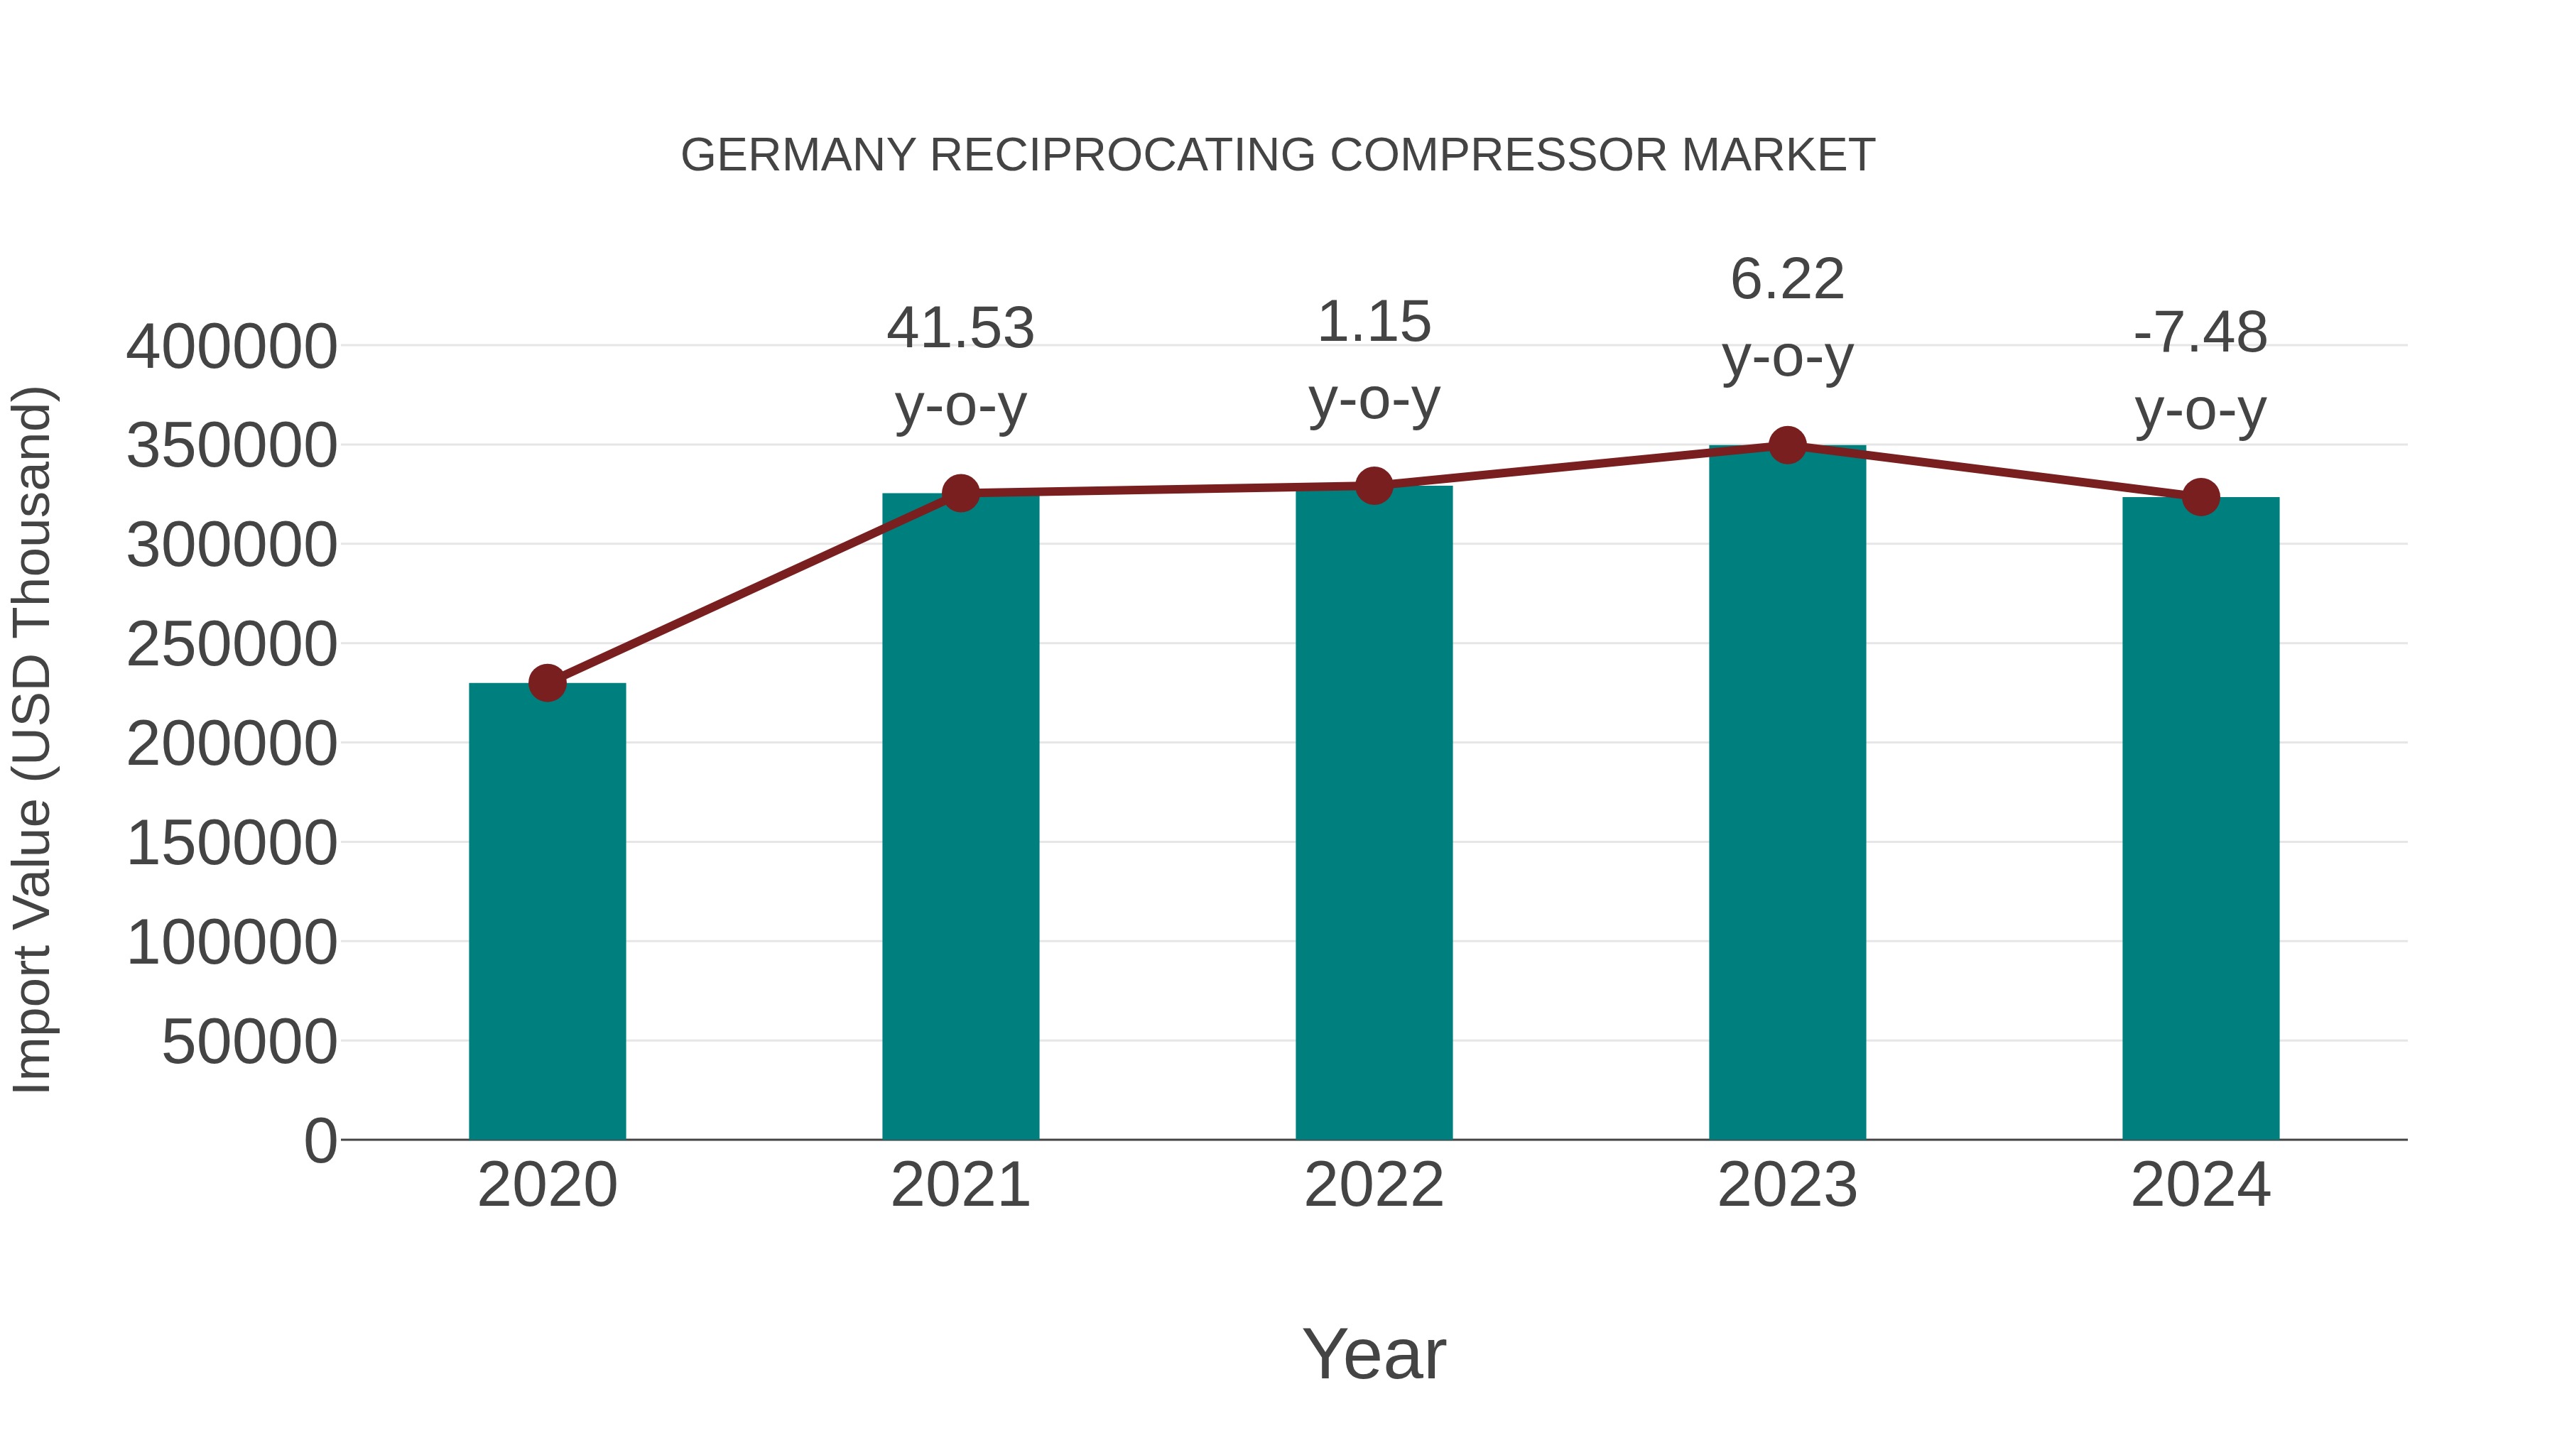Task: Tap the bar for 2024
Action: (2200, 818)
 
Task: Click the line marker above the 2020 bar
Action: (547, 682)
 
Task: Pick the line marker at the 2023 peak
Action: (1787, 445)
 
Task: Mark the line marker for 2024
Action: (2200, 497)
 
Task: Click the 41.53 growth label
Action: (960, 329)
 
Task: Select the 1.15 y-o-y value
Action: (1374, 322)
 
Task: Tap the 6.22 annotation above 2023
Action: (1787, 279)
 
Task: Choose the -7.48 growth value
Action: (2200, 332)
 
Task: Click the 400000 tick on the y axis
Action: (232, 347)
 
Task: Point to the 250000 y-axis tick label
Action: (232, 644)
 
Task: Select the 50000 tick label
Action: (249, 1042)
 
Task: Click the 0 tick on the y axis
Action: (320, 1140)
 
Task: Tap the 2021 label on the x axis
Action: (960, 1185)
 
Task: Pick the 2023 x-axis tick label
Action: (1787, 1185)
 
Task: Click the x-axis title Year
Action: (1374, 1353)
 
